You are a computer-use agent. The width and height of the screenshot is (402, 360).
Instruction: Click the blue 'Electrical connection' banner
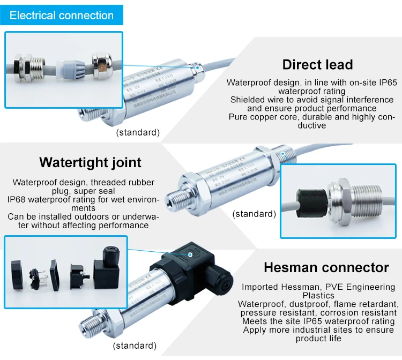(62, 15)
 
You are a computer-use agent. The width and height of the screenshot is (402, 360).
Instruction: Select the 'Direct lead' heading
(317, 65)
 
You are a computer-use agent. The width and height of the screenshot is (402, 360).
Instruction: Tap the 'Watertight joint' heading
(91, 162)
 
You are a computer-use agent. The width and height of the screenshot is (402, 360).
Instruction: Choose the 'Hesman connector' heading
(326, 267)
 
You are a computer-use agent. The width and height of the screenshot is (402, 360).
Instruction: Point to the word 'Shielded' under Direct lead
(247, 100)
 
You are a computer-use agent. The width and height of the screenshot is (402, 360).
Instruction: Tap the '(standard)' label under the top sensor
(138, 132)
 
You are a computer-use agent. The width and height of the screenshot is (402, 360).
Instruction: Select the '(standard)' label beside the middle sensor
(254, 214)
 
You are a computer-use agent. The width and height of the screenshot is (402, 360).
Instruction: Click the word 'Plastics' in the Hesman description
(318, 296)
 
